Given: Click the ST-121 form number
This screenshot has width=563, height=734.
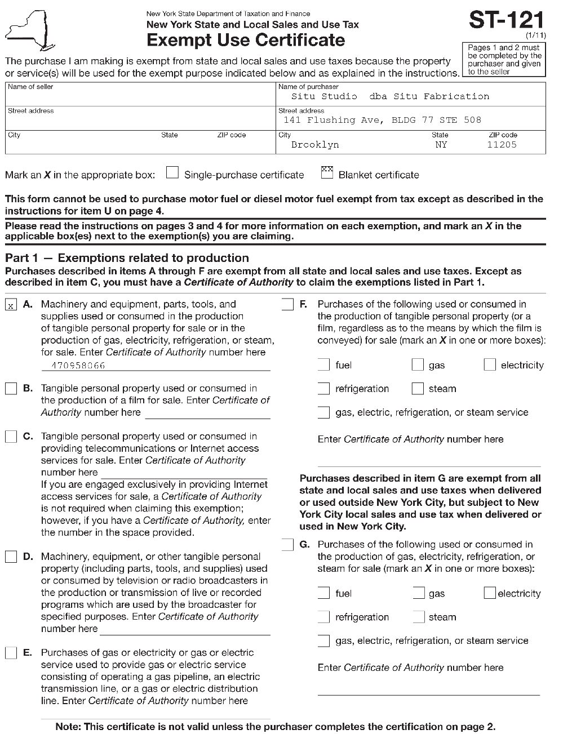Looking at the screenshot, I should (506, 20).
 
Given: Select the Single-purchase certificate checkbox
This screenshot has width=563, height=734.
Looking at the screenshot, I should (172, 173).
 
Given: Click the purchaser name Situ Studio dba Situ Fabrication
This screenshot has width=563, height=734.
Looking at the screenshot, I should (390, 96).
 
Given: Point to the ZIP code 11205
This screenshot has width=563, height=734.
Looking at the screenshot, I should (502, 145).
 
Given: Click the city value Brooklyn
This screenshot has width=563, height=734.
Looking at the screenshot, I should (315, 145).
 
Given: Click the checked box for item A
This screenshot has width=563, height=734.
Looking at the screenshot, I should (11, 305).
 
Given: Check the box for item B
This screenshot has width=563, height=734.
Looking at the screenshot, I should (11, 389).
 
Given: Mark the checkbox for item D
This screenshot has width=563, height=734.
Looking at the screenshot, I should (11, 557).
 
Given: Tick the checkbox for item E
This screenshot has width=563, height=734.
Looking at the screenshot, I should (11, 653).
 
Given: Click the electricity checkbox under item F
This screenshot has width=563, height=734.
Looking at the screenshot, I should (490, 365).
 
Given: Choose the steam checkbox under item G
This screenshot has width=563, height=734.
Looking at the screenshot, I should (418, 617).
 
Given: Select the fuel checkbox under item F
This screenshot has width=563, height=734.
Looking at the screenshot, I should (323, 365).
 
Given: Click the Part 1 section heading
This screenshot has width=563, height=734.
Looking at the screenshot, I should (127, 258).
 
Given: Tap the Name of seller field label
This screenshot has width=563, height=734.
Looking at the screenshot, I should (30, 87).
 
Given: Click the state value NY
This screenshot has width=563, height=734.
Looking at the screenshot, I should (441, 145).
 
